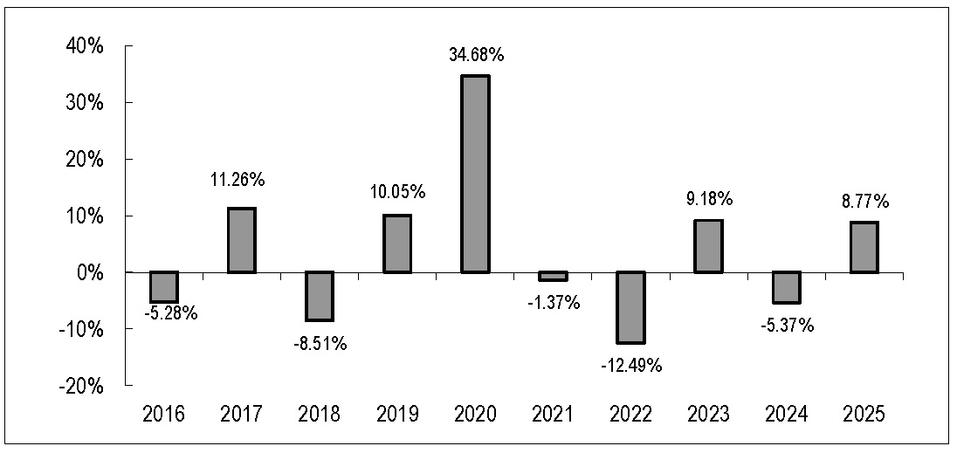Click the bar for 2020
coord(475,174)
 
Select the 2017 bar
coord(242,240)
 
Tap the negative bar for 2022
coord(630,307)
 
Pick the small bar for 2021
coord(553,276)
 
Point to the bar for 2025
coord(864,247)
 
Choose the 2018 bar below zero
coord(320,296)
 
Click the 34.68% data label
coord(475,56)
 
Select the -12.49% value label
coord(631,366)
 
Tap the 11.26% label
coord(242,181)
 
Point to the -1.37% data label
coord(554,302)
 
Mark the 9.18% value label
coord(709,199)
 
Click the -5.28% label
coord(170,314)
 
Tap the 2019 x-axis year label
coord(397,415)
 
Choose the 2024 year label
coord(786,415)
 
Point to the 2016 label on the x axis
coord(164,415)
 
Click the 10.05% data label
coord(397,193)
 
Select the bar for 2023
coord(709,246)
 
